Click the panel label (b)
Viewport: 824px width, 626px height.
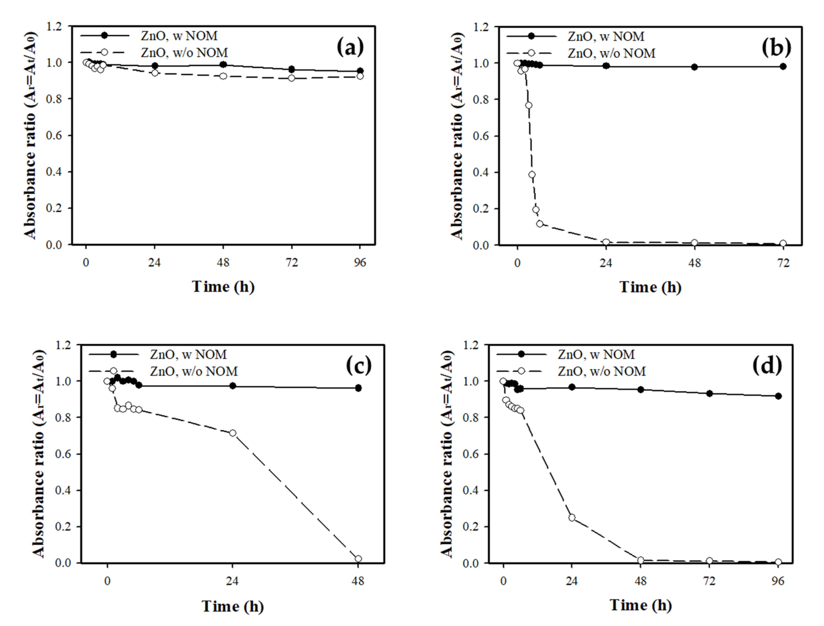pyautogui.click(x=776, y=48)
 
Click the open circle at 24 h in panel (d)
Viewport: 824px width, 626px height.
pyautogui.click(x=572, y=518)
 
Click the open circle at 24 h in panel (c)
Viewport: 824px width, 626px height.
pyautogui.click(x=233, y=433)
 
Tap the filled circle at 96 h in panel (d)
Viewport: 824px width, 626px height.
pyautogui.click(x=778, y=396)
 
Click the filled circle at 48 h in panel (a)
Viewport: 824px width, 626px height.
pyautogui.click(x=223, y=64)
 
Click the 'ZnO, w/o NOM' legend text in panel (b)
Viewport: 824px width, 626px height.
pyautogui.click(x=611, y=53)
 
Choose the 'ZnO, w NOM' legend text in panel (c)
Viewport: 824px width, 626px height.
pyautogui.click(x=188, y=354)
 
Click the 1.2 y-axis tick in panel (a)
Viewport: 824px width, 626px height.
pyautogui.click(x=53, y=26)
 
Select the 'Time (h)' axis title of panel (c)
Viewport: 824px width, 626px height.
pyautogui.click(x=233, y=606)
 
